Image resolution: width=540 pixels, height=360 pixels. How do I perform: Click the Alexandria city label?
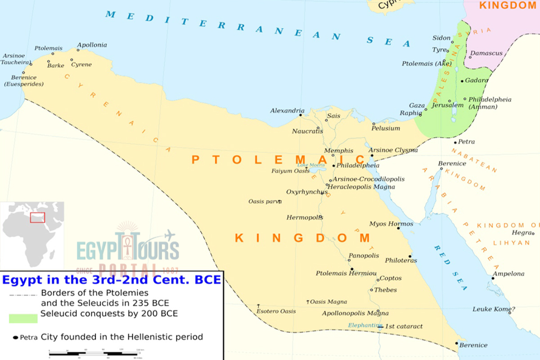coord(287,111)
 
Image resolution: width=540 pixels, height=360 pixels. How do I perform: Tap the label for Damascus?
coord(486,53)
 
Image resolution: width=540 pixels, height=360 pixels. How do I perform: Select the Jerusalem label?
coord(447,105)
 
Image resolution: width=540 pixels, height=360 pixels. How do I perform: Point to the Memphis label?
coord(339,151)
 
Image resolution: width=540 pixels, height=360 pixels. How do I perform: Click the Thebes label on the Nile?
coord(385,290)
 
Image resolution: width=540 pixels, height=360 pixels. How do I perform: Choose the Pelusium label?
coord(386,128)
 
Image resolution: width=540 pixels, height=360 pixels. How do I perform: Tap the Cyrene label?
coord(81,65)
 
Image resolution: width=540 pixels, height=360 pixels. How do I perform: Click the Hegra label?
coord(521,233)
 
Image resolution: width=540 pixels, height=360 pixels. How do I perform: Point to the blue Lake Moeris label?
coord(308,165)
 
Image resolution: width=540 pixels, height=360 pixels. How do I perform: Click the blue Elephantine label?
coord(365,325)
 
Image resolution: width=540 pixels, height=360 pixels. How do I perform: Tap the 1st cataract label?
coord(404,326)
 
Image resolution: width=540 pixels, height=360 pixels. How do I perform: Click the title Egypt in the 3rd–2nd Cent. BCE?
coord(111,280)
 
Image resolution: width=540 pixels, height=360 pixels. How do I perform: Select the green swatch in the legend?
coord(23,318)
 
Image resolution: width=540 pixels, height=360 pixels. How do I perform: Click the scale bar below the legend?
coord(94,353)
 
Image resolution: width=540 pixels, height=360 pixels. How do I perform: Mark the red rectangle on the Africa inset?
coord(37,217)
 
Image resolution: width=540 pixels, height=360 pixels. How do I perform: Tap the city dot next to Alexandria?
coord(300,115)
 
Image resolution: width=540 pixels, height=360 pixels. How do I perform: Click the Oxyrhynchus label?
coord(307,192)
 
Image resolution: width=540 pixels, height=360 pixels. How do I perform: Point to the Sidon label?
coord(441,38)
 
